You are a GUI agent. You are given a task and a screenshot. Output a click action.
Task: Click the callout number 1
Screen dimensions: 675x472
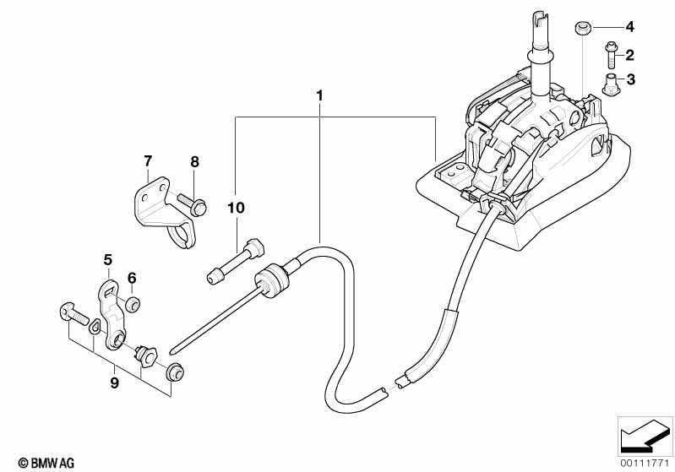[319, 95]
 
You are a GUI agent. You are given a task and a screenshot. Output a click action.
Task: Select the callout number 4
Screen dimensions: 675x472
[629, 27]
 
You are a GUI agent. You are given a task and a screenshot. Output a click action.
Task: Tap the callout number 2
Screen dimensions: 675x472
[629, 55]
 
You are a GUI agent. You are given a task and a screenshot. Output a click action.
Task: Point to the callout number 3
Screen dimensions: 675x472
[631, 79]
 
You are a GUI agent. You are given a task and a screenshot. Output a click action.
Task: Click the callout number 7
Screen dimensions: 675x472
[148, 161]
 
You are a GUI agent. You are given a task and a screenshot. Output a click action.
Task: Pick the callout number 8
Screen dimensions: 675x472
[194, 162]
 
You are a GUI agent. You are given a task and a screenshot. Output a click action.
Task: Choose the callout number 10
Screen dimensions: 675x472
[236, 208]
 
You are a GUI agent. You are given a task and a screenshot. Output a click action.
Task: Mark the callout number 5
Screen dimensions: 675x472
[107, 260]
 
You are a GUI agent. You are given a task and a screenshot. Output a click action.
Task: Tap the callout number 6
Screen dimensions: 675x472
[132, 278]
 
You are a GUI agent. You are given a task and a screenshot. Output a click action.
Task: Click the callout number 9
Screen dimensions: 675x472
[114, 382]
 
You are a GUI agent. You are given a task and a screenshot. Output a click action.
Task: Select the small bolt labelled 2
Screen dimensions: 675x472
[611, 55]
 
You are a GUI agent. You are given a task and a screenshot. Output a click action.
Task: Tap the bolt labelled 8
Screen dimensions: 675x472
[193, 203]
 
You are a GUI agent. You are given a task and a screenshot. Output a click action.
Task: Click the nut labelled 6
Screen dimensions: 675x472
[133, 304]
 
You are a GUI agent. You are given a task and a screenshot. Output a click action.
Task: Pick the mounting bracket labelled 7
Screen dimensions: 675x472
[164, 211]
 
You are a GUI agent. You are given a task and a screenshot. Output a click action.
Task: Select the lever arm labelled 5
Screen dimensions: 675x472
[112, 313]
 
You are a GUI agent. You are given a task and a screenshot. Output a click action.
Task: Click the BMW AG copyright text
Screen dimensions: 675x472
[46, 463]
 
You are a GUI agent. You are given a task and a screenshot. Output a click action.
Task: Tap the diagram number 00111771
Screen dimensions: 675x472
[645, 464]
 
